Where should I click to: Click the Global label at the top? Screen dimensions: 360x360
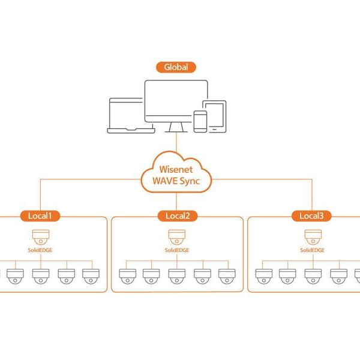(176, 67)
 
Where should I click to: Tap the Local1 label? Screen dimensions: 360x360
(40, 215)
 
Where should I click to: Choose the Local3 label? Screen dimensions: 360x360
(311, 215)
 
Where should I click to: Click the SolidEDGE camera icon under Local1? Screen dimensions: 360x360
(40, 235)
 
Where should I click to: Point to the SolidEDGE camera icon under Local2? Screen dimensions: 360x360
(176, 235)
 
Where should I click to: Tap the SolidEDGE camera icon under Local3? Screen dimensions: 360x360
(311, 235)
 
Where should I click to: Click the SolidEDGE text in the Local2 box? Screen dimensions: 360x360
(176, 249)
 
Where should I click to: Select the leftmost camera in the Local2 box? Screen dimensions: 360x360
(127, 276)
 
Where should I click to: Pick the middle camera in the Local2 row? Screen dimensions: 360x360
(176, 276)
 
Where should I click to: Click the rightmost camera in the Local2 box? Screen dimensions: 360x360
(226, 276)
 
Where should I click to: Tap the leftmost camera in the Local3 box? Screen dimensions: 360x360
(263, 276)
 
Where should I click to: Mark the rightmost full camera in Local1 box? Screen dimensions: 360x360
(90, 276)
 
